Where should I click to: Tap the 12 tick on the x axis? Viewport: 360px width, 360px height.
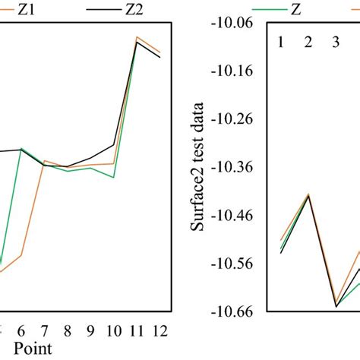(x=160, y=330)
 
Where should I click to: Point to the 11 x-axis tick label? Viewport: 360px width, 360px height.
(x=137, y=330)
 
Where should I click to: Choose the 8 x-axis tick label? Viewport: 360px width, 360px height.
(x=68, y=330)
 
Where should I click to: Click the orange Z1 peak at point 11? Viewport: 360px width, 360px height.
(x=137, y=36)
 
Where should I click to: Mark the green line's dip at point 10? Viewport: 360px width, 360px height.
(x=114, y=177)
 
